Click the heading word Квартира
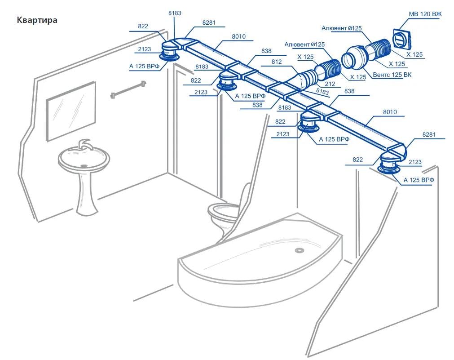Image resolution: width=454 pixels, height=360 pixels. [x=37, y=20]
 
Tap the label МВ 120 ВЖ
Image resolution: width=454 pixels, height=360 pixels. [x=425, y=14]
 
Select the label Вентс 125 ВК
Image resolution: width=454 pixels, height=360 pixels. [x=392, y=74]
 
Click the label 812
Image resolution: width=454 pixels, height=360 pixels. [x=277, y=62]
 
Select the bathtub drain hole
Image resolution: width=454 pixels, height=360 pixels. [x=298, y=250]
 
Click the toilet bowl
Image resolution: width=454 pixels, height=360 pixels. [x=223, y=211]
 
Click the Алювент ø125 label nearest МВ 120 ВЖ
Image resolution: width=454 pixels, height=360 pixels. [x=342, y=28]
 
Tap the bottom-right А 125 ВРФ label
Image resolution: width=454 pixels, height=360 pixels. [x=419, y=180]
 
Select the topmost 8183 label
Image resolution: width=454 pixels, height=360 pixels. [x=175, y=13]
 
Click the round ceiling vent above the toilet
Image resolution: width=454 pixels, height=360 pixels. [x=227, y=85]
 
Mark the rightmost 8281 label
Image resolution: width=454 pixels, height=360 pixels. [x=429, y=134]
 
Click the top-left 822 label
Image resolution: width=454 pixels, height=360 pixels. [x=143, y=26]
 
